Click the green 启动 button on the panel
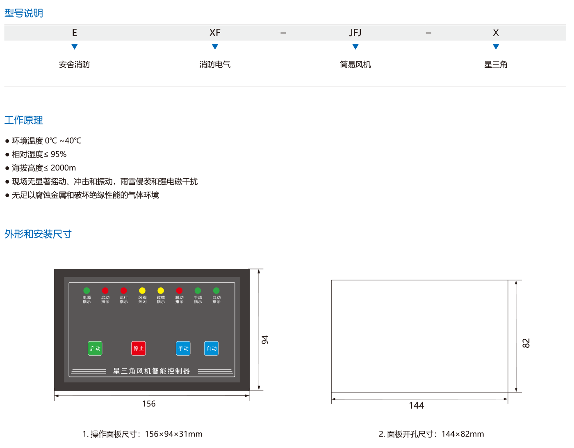95,349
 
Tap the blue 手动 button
183,349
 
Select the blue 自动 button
211,349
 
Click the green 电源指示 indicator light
87,291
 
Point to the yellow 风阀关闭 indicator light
142,291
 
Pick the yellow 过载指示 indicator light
161,291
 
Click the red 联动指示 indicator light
179,291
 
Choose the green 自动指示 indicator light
216,291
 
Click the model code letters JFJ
355,33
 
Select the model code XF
215,33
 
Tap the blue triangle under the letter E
74,47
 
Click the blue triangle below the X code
496,47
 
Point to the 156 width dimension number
149,404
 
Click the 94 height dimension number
265,340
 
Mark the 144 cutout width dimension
417,406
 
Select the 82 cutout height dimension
526,343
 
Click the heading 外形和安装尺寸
38,234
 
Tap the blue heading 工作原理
24,120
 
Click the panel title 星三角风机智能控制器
152,371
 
